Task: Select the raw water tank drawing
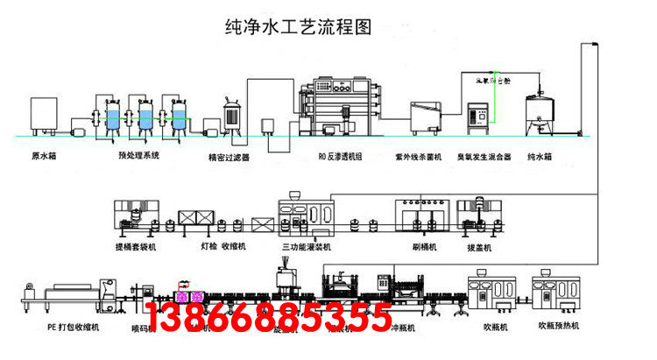coord(45,115)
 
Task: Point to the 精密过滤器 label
coord(229,158)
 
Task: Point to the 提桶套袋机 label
coord(135,248)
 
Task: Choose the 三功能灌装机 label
coord(307,248)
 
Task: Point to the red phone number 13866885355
coord(267,317)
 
